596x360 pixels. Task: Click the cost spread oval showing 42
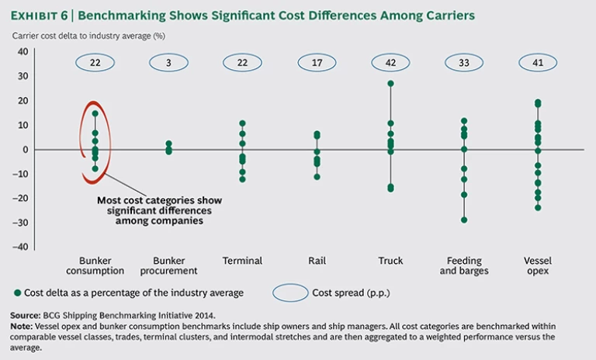click(x=390, y=62)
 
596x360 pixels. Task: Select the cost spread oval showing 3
click(x=168, y=62)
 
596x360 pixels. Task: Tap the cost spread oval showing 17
click(x=316, y=62)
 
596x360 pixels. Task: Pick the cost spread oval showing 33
click(x=464, y=62)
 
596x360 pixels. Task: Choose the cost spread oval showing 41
click(x=537, y=62)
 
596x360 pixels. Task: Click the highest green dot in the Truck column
click(x=390, y=84)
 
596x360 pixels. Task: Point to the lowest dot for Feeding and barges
click(x=464, y=220)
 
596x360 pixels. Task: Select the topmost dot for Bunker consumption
click(x=95, y=113)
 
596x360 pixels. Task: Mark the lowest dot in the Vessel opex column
click(x=537, y=207)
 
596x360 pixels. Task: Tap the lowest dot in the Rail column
click(x=316, y=177)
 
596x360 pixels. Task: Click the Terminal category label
click(x=242, y=261)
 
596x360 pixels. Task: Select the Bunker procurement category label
click(x=168, y=265)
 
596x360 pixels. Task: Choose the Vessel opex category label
click(x=537, y=265)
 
